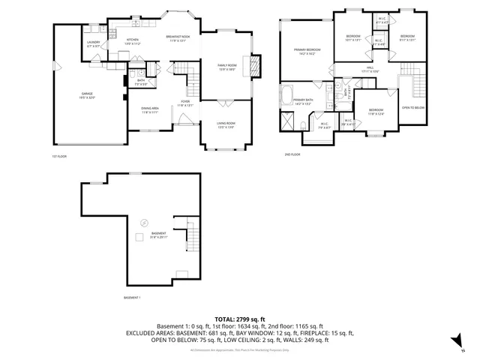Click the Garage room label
(x=88, y=95)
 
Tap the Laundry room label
(x=94, y=44)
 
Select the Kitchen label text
(x=133, y=41)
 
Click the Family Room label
(x=226, y=67)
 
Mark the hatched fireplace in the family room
(x=255, y=66)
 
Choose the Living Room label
(x=226, y=124)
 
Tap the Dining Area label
(x=150, y=110)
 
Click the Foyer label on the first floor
(x=185, y=103)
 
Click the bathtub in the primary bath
(x=288, y=95)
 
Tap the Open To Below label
(x=412, y=107)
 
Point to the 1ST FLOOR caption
(x=60, y=156)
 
